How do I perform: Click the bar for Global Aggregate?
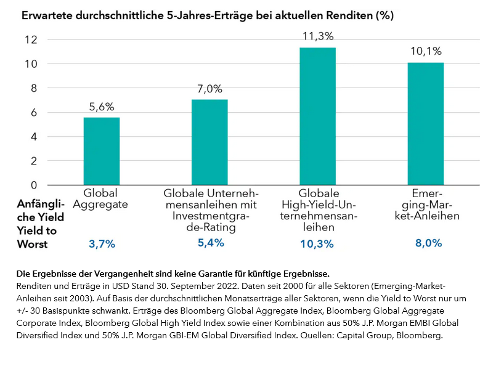pos(102,151)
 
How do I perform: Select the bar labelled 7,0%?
pos(209,142)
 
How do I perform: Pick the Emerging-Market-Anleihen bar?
pos(425,123)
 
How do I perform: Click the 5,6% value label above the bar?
pos(102,107)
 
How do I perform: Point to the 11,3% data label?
pos(317,36)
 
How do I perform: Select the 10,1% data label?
pos(425,51)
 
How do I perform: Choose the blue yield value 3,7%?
pos(102,244)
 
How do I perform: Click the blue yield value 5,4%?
pos(209,243)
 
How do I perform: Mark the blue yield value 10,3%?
pos(317,244)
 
